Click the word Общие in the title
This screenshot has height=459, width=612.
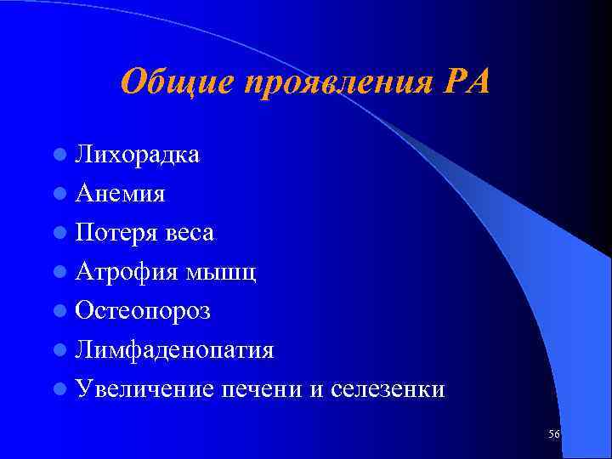coord(177,82)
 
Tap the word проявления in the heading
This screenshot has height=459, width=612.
coord(335,82)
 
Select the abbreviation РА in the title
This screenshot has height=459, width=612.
coord(467,82)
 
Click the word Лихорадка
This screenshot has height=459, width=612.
coord(137,154)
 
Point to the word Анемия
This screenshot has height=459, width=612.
coord(119,193)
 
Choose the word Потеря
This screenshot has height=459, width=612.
coord(115,232)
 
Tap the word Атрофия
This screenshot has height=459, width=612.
coord(123,271)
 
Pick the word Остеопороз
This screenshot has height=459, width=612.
coord(142,311)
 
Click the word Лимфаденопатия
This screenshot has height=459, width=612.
coord(173,350)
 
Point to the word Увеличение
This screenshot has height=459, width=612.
coord(144,389)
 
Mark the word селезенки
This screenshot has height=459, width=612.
coord(387,389)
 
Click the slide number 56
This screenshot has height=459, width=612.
coord(554,434)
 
